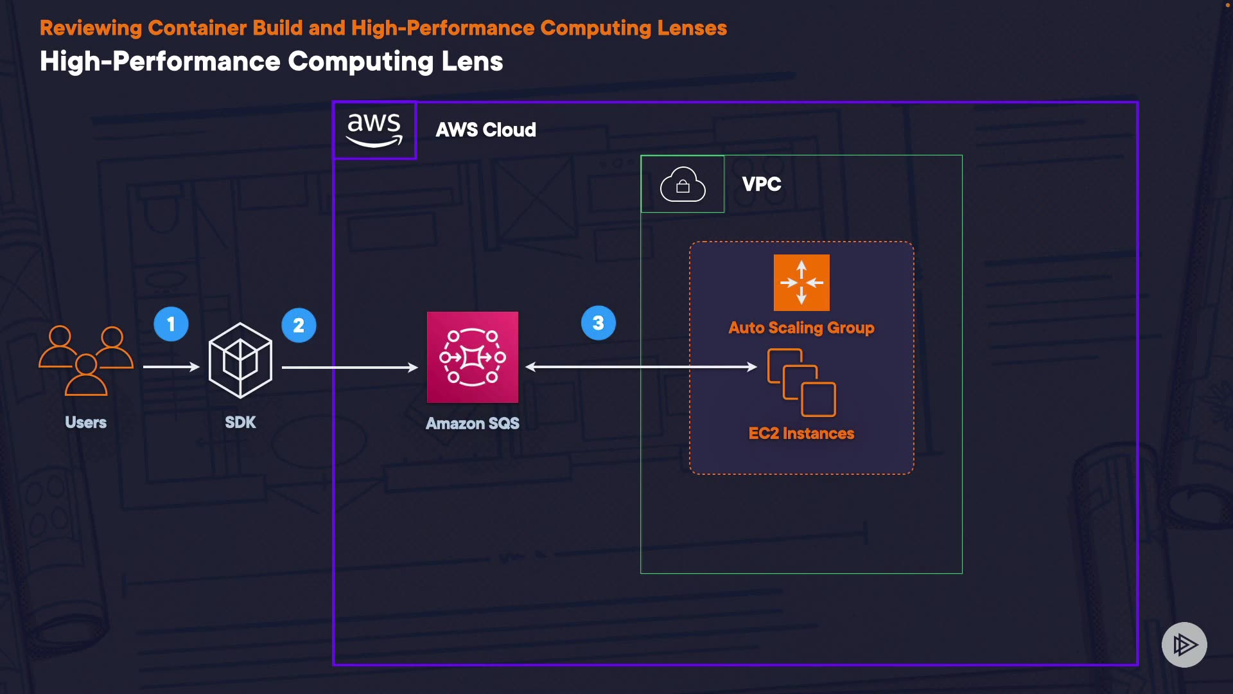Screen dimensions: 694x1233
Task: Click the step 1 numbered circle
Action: click(171, 324)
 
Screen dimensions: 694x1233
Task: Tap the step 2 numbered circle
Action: click(299, 325)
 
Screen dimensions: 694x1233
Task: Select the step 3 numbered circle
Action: click(598, 323)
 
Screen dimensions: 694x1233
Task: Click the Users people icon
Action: click(86, 360)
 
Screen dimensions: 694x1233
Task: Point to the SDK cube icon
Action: click(240, 360)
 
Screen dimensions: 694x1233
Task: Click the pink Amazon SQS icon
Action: click(473, 357)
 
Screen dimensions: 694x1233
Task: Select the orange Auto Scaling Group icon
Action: click(801, 283)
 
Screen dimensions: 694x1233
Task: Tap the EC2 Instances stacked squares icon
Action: click(801, 382)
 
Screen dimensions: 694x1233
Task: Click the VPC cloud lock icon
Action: click(683, 184)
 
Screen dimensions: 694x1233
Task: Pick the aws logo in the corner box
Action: click(374, 130)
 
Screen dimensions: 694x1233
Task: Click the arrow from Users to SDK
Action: click(171, 367)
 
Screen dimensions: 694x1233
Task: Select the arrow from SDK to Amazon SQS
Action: click(349, 368)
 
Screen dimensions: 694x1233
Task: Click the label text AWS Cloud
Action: click(485, 130)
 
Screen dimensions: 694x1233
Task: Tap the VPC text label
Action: click(762, 184)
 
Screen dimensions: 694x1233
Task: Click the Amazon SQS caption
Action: click(473, 423)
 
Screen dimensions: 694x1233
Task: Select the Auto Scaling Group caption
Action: click(801, 328)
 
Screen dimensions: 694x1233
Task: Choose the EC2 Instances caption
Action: click(801, 434)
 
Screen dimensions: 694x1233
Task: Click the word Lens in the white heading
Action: click(472, 62)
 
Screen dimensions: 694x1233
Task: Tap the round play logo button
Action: click(1184, 645)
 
